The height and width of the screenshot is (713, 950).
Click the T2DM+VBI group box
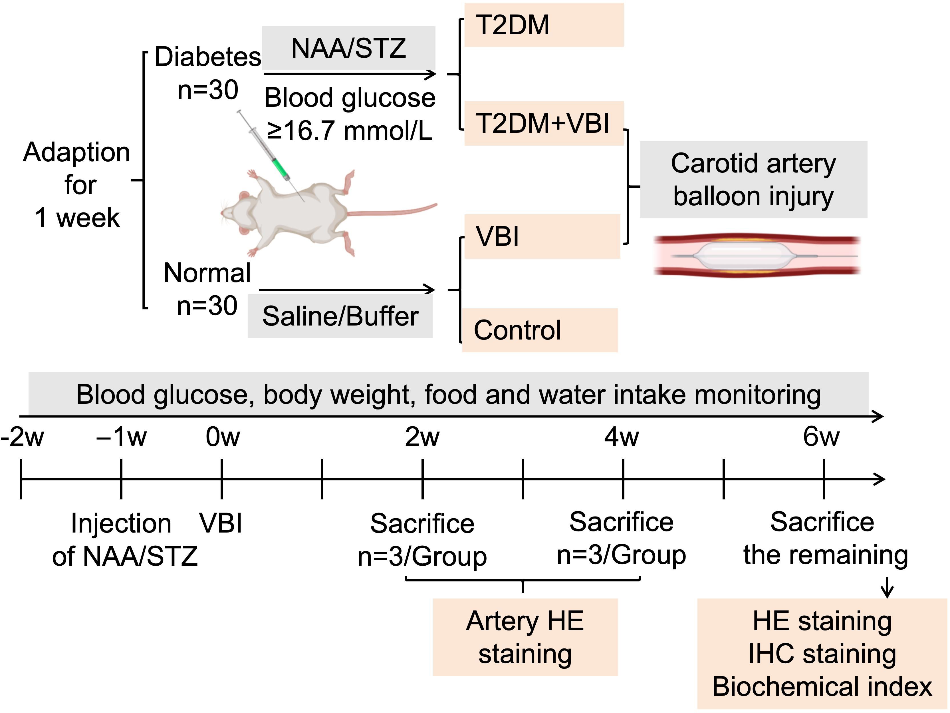point(543,123)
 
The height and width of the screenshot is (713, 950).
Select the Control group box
point(540,330)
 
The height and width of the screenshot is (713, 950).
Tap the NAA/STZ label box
point(348,48)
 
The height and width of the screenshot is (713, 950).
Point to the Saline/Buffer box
point(340,316)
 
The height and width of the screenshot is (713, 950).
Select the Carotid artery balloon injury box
point(753,180)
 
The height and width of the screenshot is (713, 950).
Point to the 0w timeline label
point(223,437)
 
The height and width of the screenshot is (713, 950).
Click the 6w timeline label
point(821,437)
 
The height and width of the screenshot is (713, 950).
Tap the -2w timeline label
point(22,437)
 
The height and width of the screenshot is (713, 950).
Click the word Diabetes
point(207,57)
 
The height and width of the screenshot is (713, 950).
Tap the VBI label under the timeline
point(221,523)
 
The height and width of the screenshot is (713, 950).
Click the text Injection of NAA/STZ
point(124,540)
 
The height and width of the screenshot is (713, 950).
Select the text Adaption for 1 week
point(76,185)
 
